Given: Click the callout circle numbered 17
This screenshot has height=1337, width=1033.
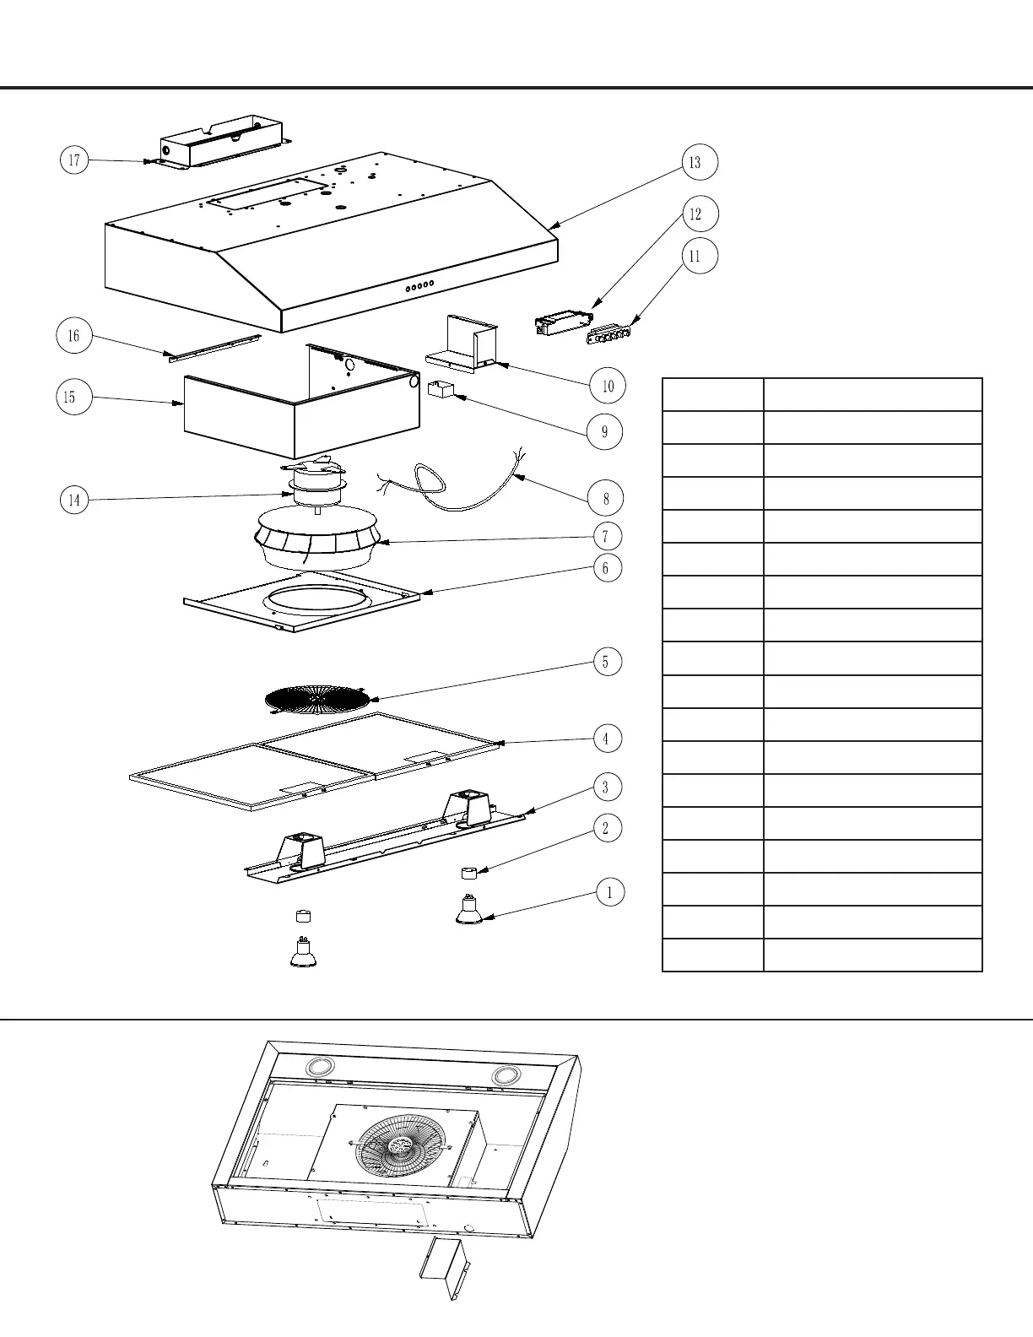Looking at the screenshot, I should click(74, 160).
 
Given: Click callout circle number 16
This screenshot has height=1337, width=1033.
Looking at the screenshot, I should click(73, 336).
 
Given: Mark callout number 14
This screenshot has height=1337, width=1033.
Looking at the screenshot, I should click(74, 501).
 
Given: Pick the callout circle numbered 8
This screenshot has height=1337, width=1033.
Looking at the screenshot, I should click(606, 498).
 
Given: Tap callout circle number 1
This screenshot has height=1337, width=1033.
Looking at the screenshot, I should click(609, 891).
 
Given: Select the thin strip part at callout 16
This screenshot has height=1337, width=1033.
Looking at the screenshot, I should click(214, 348).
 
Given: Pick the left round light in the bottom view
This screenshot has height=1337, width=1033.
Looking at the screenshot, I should click(320, 1067).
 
